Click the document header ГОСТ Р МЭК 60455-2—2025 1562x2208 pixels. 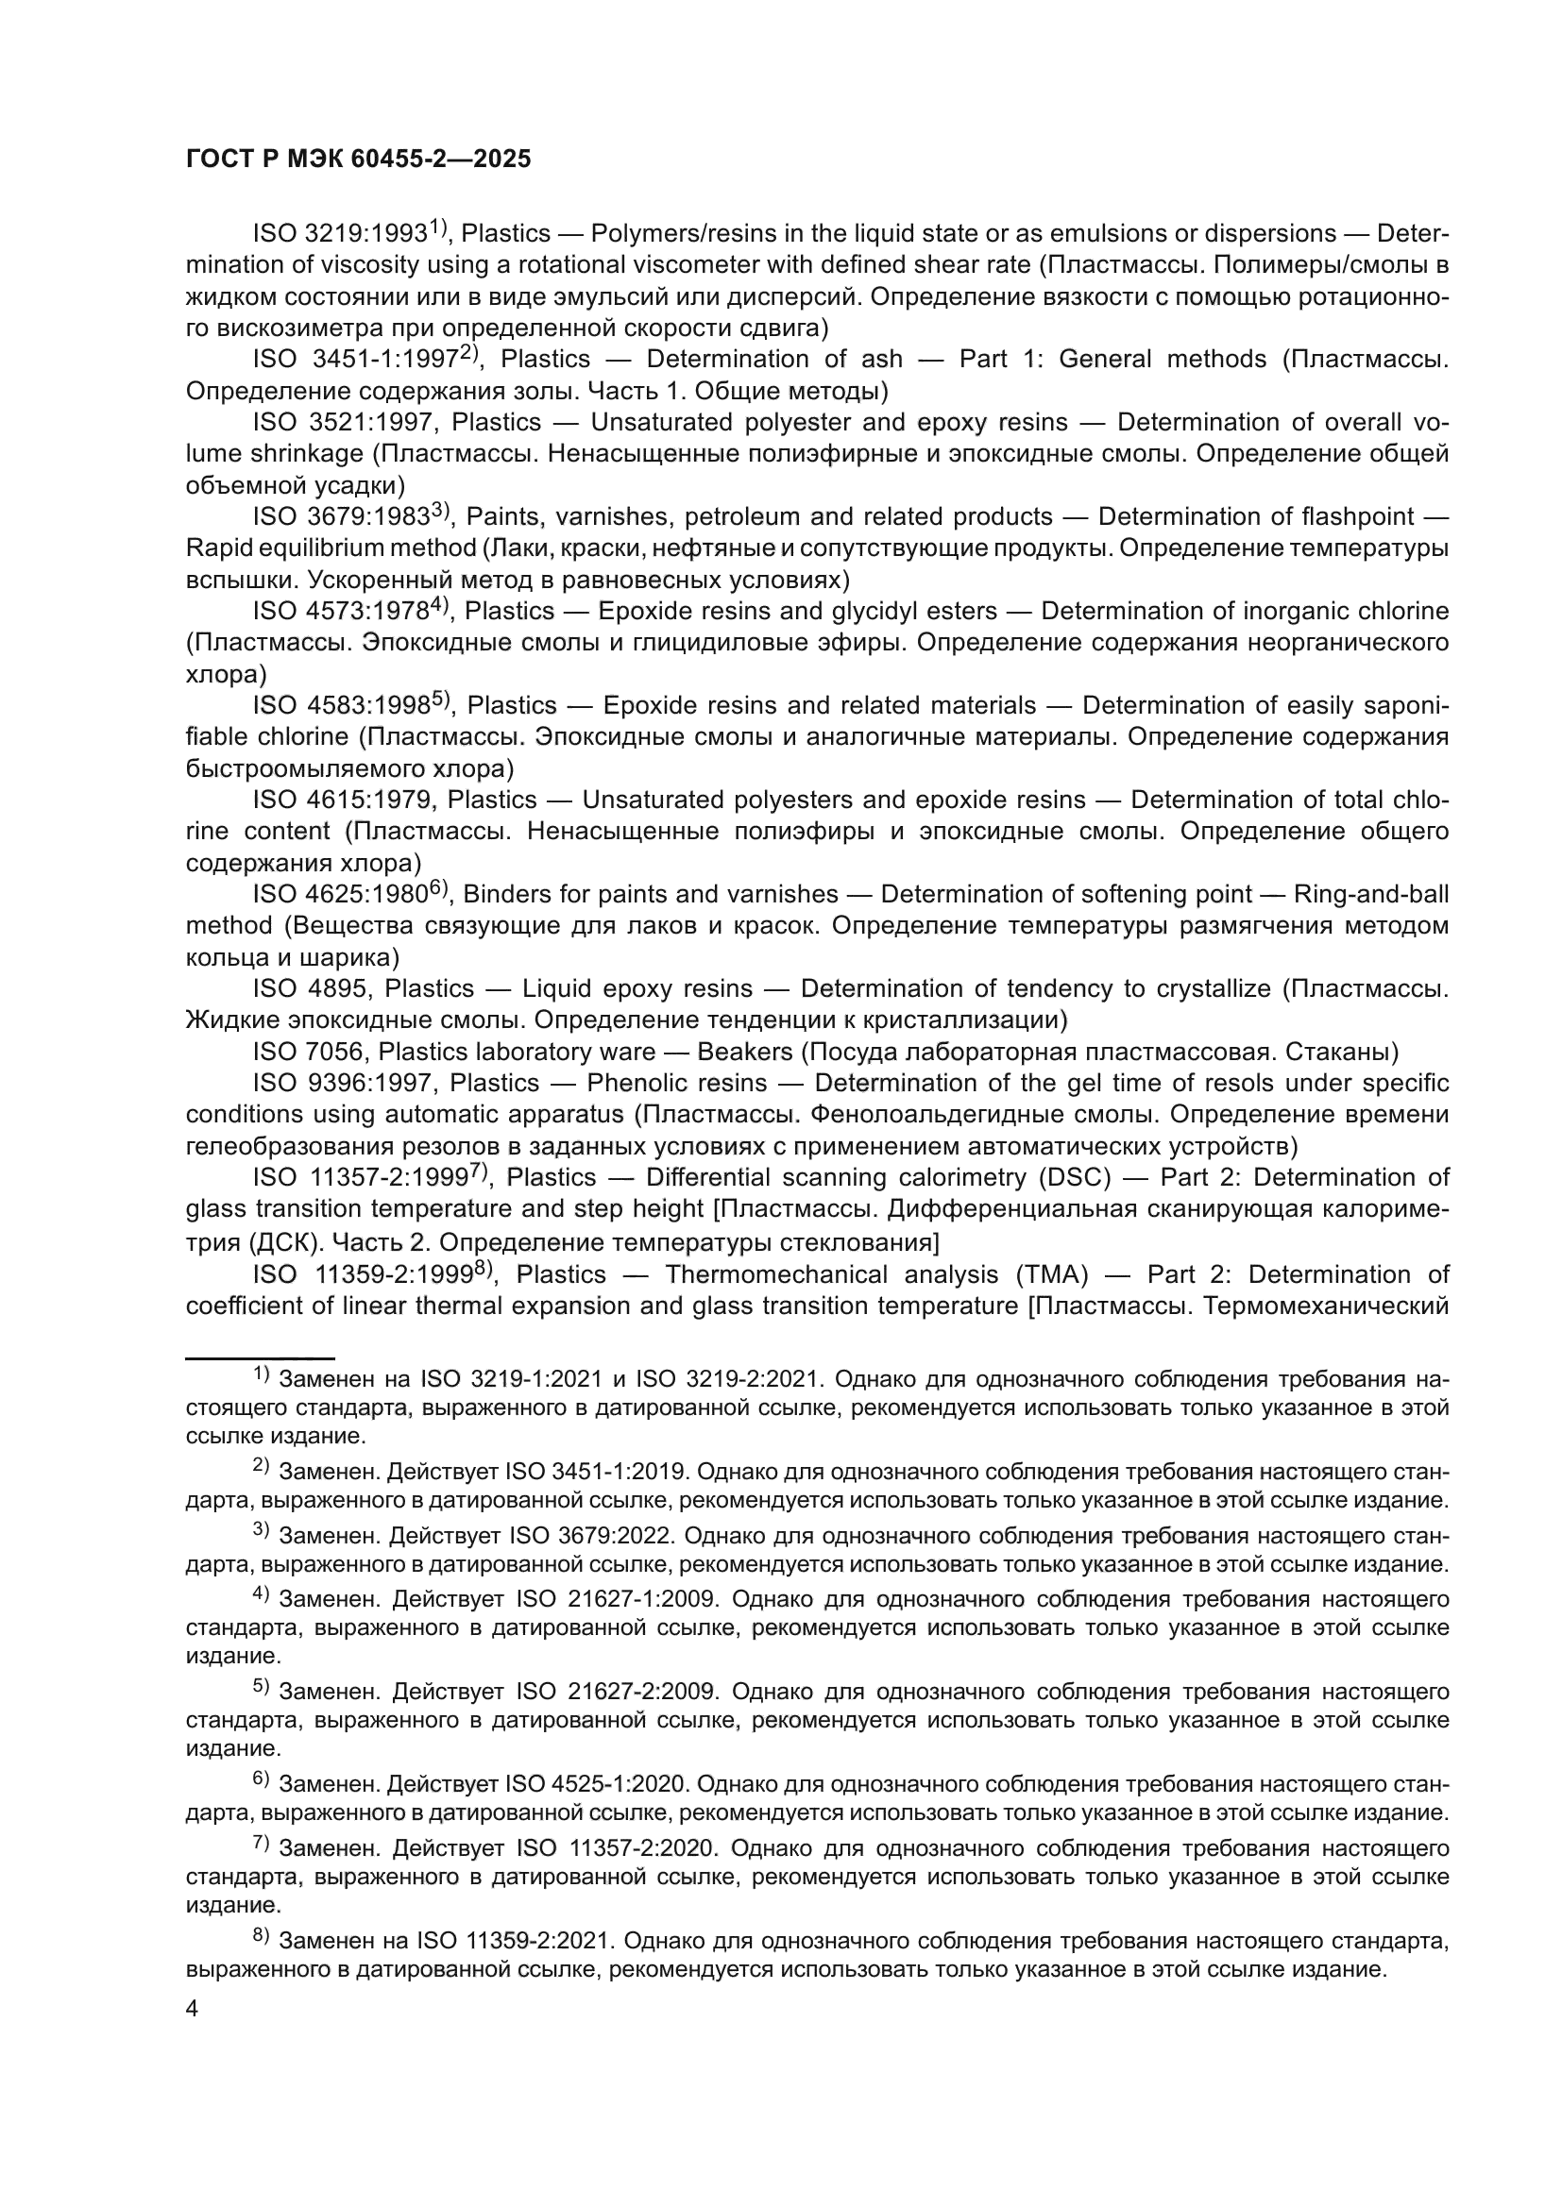(357, 160)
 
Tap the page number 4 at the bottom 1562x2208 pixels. (193, 2009)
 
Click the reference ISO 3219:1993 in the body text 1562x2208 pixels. (340, 234)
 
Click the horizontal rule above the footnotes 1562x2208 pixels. (259, 1357)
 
